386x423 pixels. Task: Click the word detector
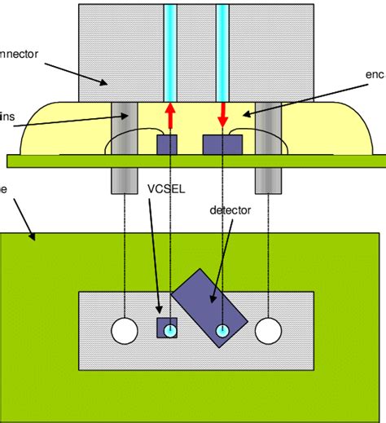point(230,209)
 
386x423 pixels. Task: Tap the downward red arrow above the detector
point(222,115)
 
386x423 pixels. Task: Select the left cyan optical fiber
point(170,49)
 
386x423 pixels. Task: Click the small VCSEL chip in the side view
point(168,143)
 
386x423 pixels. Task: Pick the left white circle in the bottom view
point(125,330)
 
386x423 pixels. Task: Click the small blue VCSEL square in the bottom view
point(160,328)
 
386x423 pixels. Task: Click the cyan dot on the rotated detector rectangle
point(222,330)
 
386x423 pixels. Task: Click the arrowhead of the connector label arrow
point(104,83)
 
